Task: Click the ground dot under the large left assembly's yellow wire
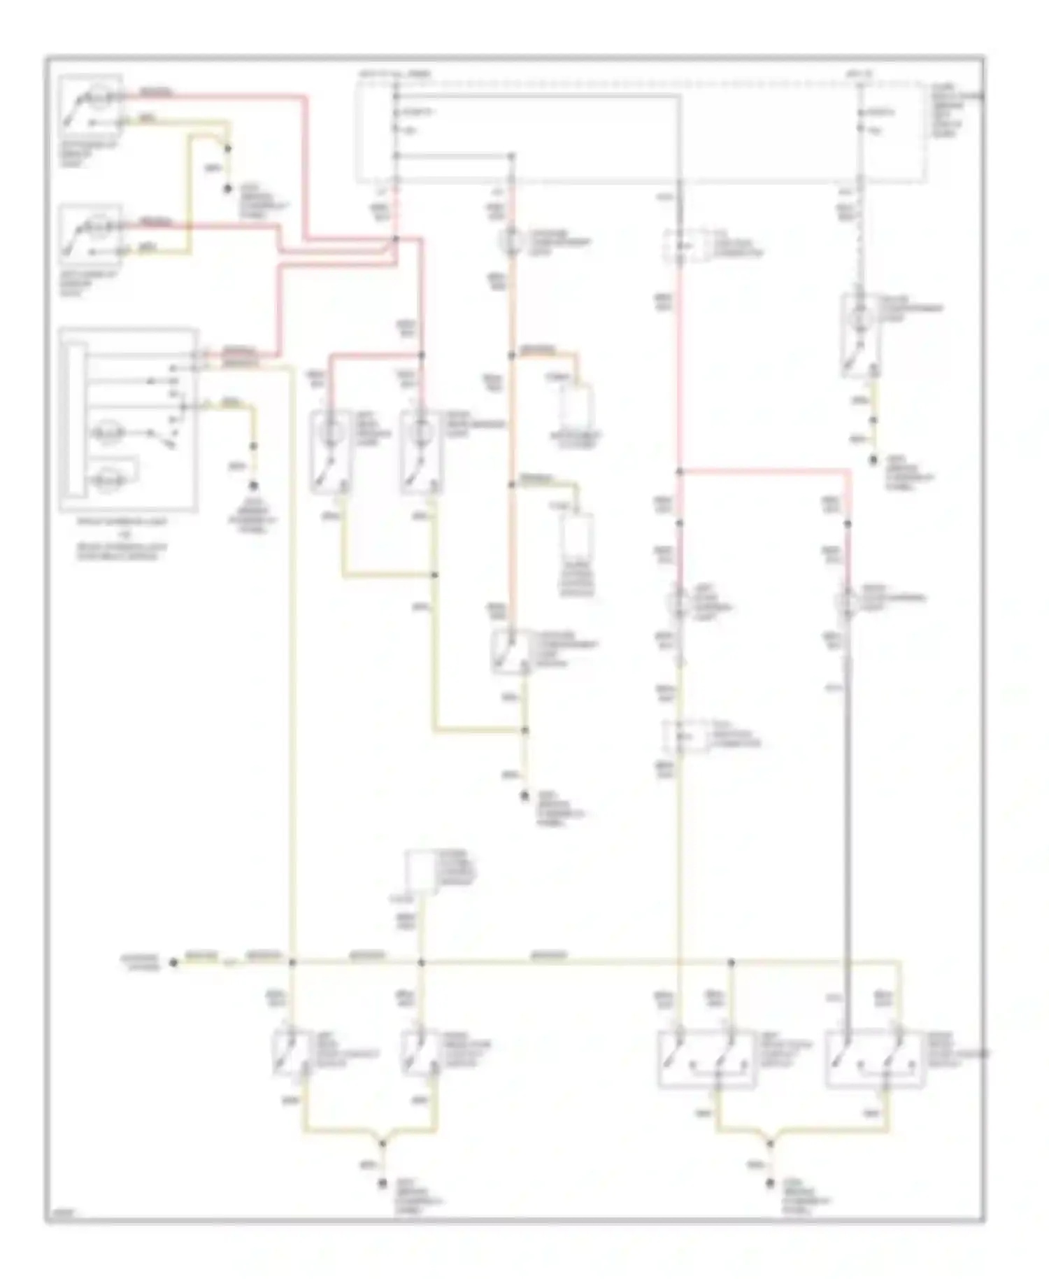click(x=254, y=485)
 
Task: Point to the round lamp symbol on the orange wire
click(x=510, y=241)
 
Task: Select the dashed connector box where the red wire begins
click(x=679, y=246)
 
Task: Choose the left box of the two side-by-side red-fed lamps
click(x=330, y=451)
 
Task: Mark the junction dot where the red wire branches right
click(x=679, y=472)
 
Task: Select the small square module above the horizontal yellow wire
click(x=421, y=870)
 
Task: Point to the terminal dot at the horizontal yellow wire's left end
click(x=173, y=963)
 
